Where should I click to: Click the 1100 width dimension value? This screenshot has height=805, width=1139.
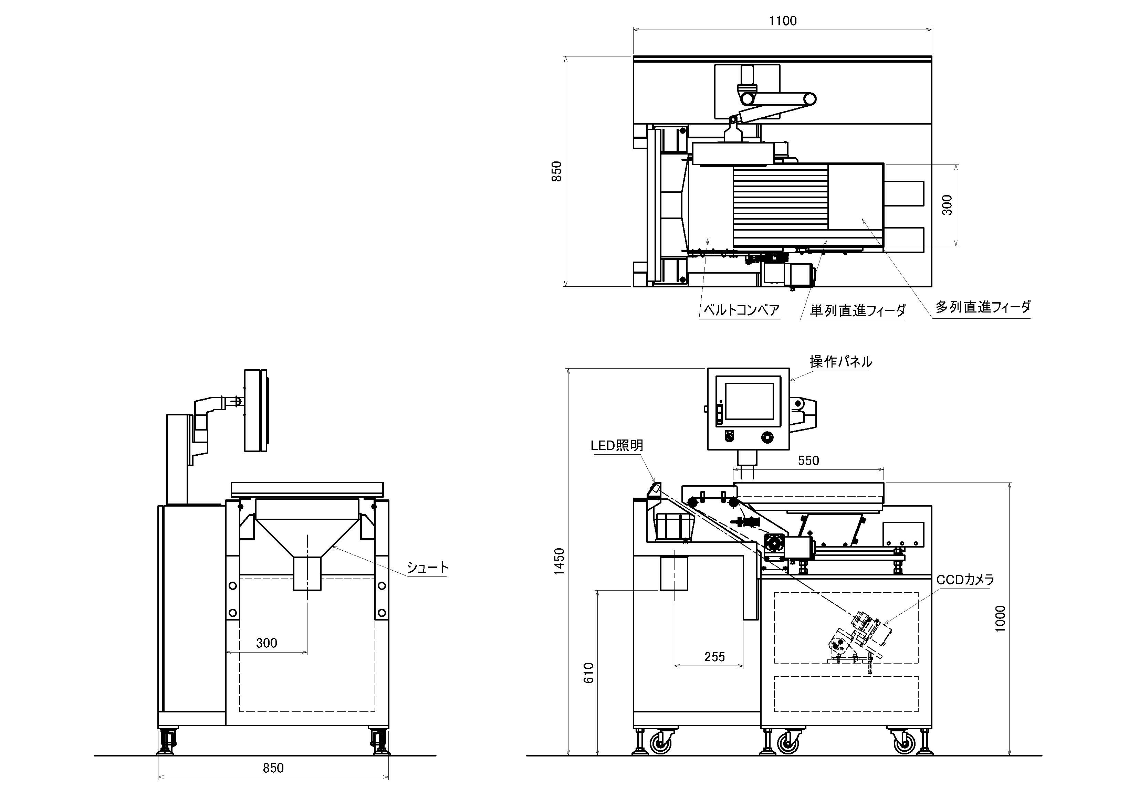[783, 21]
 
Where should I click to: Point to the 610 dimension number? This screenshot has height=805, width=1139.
[589, 673]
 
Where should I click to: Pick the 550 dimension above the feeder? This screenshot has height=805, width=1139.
[808, 461]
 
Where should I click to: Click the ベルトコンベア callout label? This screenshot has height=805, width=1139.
[742, 310]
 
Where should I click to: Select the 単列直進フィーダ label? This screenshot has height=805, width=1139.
[858, 310]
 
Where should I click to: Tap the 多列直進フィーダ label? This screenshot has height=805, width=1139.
[983, 307]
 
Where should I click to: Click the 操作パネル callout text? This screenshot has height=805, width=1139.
[841, 362]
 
